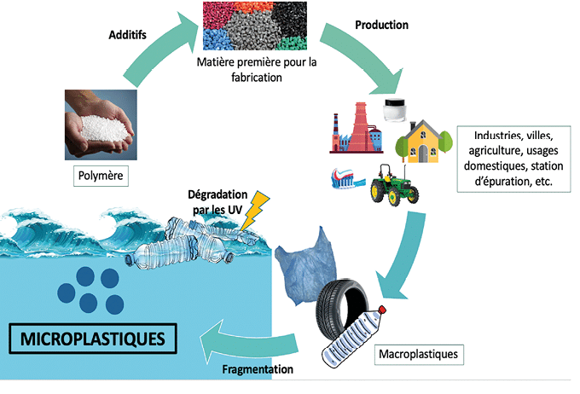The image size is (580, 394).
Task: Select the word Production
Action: coord(381,25)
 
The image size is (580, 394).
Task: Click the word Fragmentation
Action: coord(258,369)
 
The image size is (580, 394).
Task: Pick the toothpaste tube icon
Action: coord(347,177)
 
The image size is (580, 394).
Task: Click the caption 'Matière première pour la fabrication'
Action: coord(256,69)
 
